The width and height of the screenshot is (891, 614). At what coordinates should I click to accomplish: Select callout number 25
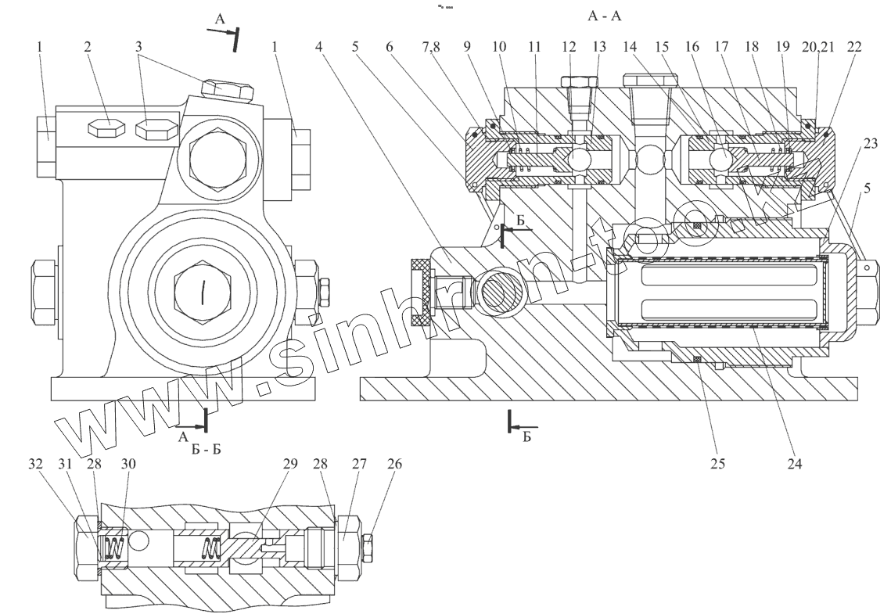pyautogui.click(x=717, y=461)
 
